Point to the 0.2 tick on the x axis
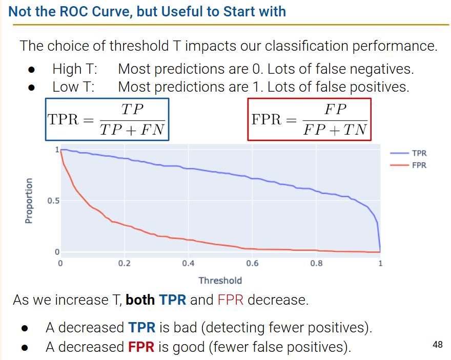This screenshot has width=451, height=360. coord(124,263)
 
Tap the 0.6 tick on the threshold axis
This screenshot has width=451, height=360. coord(252,263)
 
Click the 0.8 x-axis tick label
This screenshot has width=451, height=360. coord(316,263)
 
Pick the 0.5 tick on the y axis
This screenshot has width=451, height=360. coord(53,201)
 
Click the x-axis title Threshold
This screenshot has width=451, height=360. coord(220,280)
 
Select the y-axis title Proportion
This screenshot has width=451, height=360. coord(29,201)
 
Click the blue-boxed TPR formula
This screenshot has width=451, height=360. coord(107,119)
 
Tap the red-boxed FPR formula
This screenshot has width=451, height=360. coord(309,119)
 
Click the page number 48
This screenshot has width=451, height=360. coord(437,345)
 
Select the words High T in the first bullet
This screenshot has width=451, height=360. coord(75,69)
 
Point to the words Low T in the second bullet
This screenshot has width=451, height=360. coord(73,87)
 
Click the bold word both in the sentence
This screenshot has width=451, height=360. coord(140,300)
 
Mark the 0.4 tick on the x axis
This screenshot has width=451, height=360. coord(188,263)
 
